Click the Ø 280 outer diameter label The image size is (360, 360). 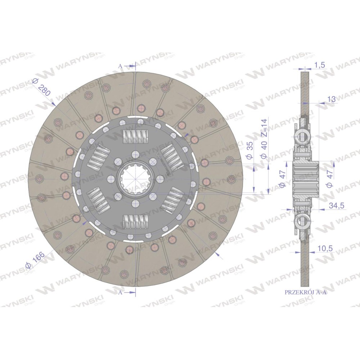pos(41,87)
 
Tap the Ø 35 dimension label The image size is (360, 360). pos(250,150)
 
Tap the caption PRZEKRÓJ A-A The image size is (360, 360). pos(305,292)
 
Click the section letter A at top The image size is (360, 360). pos(120,66)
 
